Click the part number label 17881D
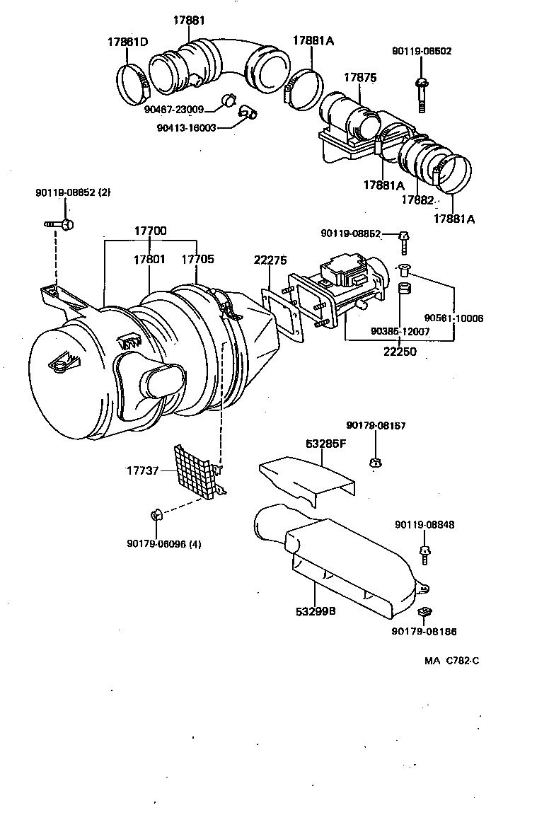pos(127,42)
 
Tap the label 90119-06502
pos(422,51)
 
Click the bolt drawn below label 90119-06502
pos(422,94)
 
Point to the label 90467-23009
pos(174,110)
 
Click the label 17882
pos(417,200)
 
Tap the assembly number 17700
pos(150,231)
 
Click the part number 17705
pos(197,260)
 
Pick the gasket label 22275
pos(270,260)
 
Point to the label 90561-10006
pos(453,318)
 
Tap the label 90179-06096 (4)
pos(164,543)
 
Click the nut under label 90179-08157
pos(375,463)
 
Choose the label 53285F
pos(326,444)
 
